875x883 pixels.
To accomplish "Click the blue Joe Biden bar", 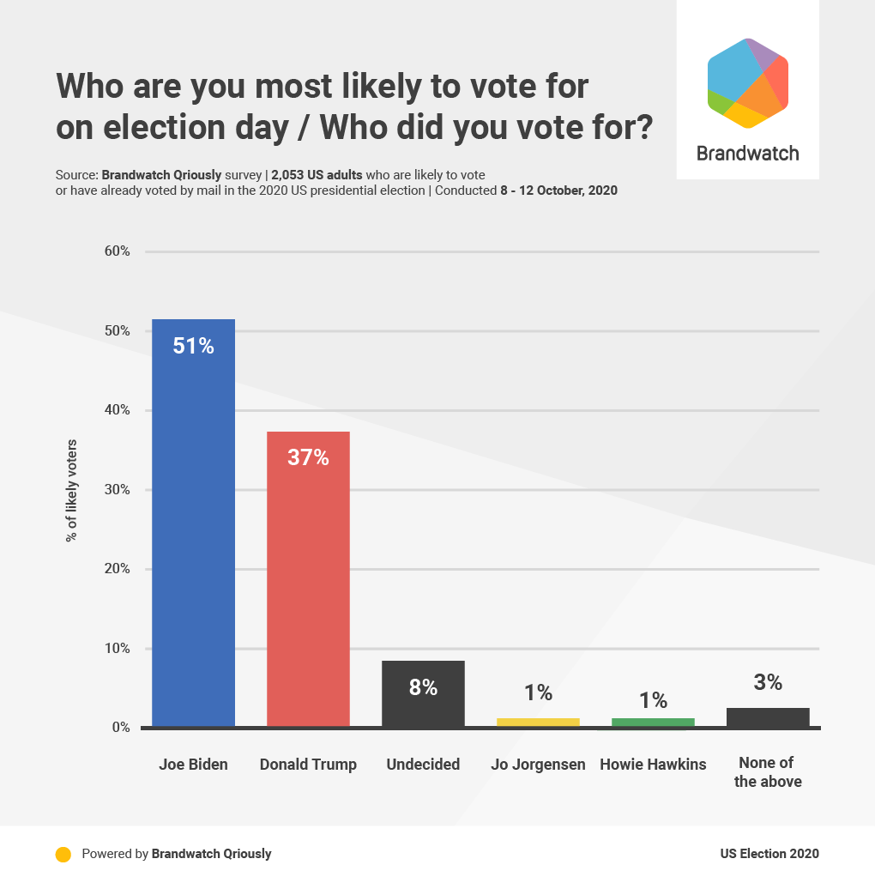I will point(193,523).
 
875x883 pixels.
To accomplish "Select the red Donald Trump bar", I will point(308,579).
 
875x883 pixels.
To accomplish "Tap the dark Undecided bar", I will point(423,693).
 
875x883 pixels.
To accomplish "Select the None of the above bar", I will point(768,717).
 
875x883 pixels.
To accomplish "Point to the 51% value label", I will point(193,347).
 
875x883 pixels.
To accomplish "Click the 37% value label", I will point(308,457).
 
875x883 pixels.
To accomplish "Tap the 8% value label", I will point(423,687).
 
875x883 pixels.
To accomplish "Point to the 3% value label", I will point(768,682).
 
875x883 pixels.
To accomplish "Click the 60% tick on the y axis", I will point(118,251).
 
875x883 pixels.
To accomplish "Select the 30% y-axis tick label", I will point(118,490).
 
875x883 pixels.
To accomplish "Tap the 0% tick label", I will point(121,728).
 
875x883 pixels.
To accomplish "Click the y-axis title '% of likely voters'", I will point(71,490).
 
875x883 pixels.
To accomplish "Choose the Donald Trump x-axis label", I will point(308,764).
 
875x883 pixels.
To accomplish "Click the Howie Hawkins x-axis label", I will point(653,764).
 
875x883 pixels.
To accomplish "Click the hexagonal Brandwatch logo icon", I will point(747,83).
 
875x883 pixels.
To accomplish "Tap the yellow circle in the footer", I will point(63,854).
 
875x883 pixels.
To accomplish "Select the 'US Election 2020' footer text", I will point(769,854).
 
